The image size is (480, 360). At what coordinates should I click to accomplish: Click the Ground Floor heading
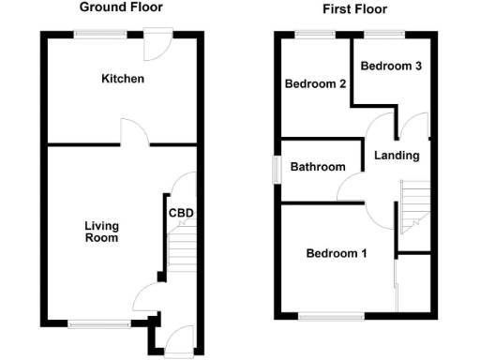(120, 7)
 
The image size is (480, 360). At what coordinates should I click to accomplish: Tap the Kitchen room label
(123, 79)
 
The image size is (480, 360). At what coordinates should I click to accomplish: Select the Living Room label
(101, 232)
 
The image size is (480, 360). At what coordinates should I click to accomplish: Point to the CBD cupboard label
(181, 212)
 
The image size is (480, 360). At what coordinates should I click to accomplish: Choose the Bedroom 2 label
(316, 83)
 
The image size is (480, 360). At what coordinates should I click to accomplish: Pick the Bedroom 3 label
(385, 67)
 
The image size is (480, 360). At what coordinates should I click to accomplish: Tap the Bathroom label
(317, 167)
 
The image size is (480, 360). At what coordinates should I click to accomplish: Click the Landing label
(397, 156)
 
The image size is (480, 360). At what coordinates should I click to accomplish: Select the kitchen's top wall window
(102, 33)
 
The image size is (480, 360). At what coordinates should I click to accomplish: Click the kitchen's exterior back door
(157, 41)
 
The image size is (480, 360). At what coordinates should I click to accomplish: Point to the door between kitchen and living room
(133, 135)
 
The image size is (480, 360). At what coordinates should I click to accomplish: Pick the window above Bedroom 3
(383, 33)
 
